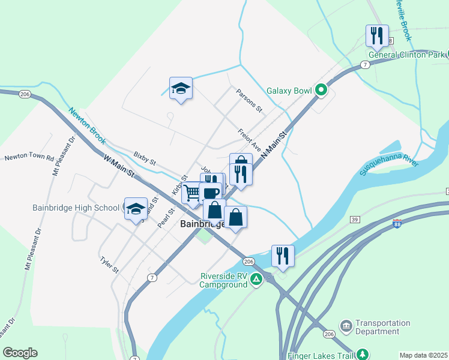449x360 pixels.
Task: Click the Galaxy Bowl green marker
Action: (321, 91)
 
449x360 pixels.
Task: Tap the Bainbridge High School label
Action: (76, 208)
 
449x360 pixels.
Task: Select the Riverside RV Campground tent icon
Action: (256, 278)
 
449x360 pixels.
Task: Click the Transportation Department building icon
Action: (346, 326)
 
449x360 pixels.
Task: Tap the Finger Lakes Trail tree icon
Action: (362, 355)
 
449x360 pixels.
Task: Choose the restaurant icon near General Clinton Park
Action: (377, 35)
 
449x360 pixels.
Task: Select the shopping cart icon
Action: (192, 193)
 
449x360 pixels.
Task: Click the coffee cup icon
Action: (211, 193)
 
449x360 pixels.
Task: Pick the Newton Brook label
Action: (86, 125)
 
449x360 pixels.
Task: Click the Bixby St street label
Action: (145, 162)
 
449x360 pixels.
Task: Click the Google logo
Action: (20, 353)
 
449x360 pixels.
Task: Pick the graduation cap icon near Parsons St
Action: (181, 88)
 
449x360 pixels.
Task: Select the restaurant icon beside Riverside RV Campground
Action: (282, 256)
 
